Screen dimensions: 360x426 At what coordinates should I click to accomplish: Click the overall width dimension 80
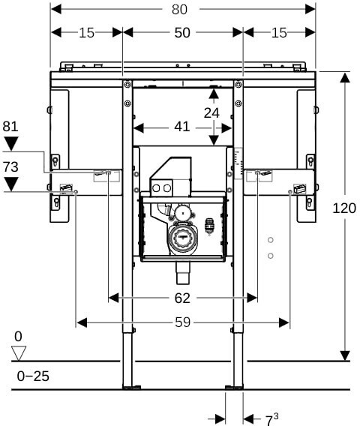(x=179, y=10)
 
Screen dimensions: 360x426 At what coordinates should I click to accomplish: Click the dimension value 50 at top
(x=182, y=33)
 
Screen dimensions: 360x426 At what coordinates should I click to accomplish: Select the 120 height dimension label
(x=344, y=208)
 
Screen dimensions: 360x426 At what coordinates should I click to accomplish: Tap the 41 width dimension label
(x=181, y=127)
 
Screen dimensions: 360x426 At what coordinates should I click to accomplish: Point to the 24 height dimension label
(x=211, y=112)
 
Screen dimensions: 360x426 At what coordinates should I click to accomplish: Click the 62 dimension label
(x=182, y=298)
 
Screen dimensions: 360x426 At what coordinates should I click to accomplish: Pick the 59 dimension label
(x=182, y=322)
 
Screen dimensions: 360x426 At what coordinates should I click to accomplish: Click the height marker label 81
(x=10, y=127)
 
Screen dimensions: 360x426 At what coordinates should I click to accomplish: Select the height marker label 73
(x=10, y=167)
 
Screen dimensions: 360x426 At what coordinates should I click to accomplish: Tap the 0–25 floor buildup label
(x=33, y=376)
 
